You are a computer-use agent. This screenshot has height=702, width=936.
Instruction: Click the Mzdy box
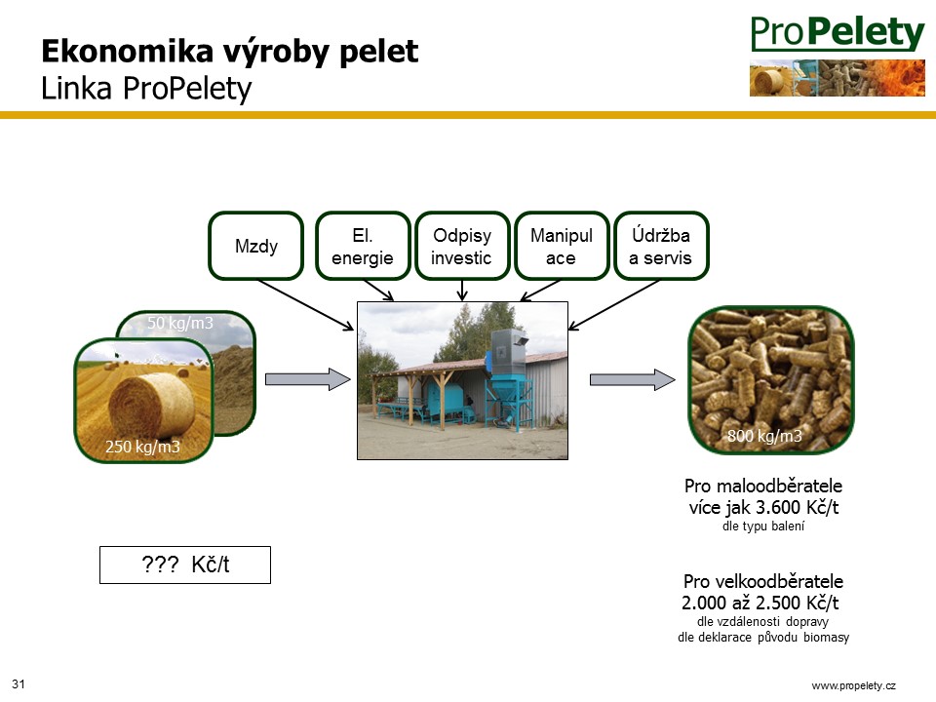(x=256, y=246)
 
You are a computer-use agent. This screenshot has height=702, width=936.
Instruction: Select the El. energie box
(x=363, y=246)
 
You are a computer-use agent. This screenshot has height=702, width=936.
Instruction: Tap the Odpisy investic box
(x=462, y=246)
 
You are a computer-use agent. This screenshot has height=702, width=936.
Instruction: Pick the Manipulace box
(x=562, y=246)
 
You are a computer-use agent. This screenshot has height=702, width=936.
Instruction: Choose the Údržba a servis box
(x=661, y=246)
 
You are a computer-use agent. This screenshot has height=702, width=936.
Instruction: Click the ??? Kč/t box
(x=185, y=565)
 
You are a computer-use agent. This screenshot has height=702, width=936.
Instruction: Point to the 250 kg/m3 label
(x=142, y=447)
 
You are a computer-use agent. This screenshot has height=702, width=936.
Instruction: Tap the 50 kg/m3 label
(x=179, y=323)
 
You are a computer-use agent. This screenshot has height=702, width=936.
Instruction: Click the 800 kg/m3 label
(x=764, y=436)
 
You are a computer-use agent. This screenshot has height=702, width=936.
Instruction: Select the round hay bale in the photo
(x=152, y=405)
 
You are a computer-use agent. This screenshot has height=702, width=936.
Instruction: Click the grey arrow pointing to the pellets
(x=632, y=379)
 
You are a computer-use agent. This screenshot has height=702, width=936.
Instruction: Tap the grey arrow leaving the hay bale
(x=307, y=379)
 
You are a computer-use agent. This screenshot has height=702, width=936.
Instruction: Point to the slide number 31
(x=19, y=684)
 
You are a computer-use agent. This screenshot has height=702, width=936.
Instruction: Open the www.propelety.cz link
(x=854, y=685)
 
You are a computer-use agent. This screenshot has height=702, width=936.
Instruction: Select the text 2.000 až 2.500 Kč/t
(x=760, y=603)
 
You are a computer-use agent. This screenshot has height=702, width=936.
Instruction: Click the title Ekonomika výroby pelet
(x=230, y=52)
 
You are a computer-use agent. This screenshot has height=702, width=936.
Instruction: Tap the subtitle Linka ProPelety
(x=146, y=89)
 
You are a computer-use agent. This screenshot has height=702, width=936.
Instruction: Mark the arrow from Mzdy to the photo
(x=305, y=304)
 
